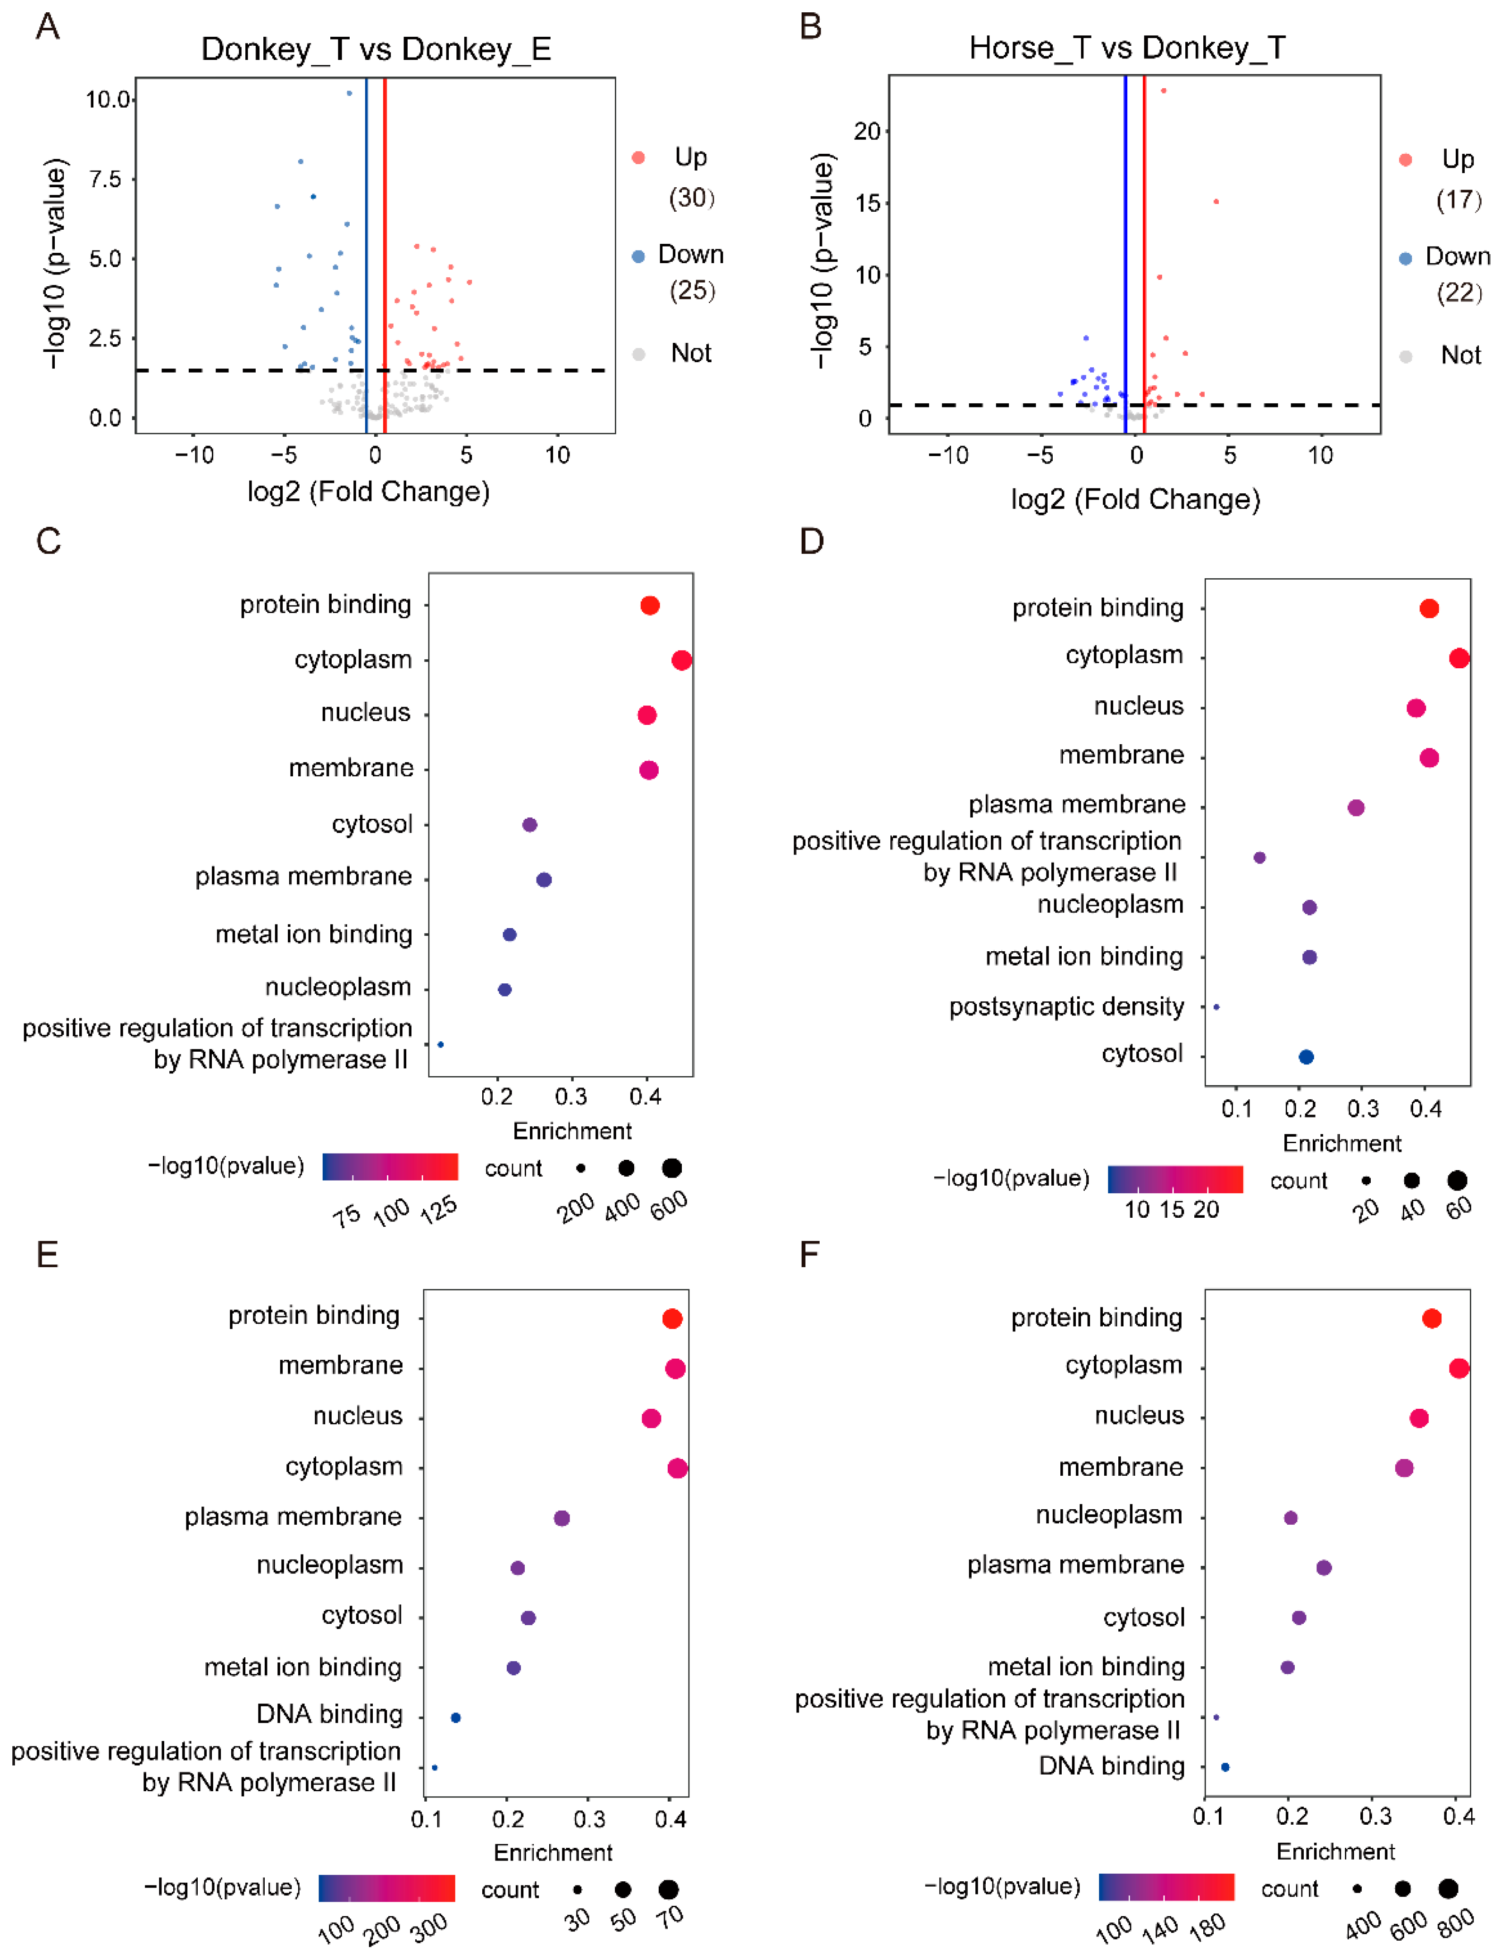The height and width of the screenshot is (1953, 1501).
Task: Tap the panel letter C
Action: (x=48, y=541)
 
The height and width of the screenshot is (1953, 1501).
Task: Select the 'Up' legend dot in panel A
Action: (x=638, y=158)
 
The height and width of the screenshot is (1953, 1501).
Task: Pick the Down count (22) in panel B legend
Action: (x=1458, y=293)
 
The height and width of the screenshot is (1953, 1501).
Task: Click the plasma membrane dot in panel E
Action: (x=561, y=1518)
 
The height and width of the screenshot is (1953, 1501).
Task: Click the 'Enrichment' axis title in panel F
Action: (x=1335, y=1851)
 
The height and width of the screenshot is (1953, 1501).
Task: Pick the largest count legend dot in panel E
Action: (x=668, y=1890)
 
